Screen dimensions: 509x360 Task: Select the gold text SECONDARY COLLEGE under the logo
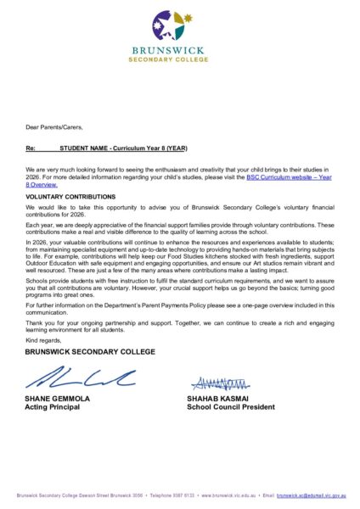tap(179, 60)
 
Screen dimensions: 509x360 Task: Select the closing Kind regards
tap(44, 339)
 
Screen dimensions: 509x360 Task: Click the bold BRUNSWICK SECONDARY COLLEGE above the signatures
tap(90, 351)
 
